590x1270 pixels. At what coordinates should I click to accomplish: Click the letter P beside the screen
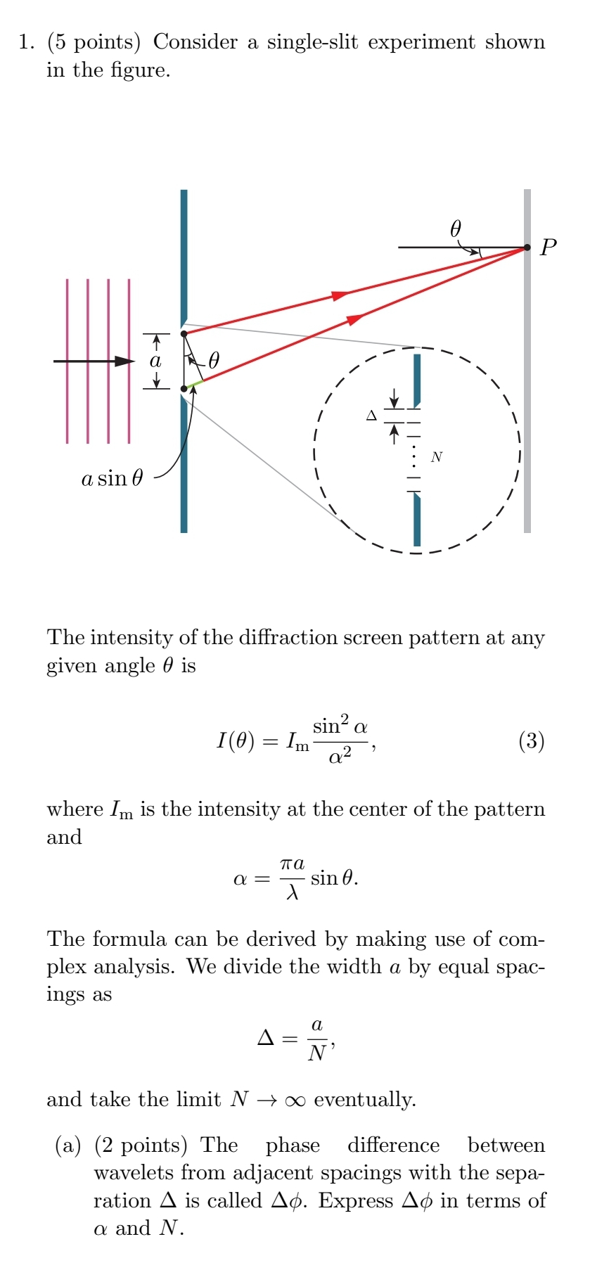549,248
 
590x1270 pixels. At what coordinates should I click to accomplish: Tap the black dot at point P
527,248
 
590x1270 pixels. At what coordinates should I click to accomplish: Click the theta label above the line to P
456,229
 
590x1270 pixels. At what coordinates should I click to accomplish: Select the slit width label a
155,361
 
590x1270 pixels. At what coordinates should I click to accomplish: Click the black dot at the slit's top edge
184,333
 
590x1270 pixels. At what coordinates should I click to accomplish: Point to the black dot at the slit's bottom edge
184,388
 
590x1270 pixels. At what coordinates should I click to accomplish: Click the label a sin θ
113,479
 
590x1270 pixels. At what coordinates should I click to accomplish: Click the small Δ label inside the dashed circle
371,416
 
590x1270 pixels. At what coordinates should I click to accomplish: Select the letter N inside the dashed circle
437,457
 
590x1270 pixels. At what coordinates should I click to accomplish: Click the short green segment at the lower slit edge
195,384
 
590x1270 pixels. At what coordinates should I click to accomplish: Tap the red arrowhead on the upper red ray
340,295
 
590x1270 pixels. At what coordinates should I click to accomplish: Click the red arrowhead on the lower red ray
356,320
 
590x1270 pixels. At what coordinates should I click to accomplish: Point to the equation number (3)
531,740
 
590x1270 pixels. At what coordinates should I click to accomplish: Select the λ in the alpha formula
293,892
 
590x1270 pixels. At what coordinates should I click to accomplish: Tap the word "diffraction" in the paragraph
286,637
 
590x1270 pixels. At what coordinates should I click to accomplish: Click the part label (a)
68,1146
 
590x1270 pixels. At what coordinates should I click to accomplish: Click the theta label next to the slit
214,361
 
